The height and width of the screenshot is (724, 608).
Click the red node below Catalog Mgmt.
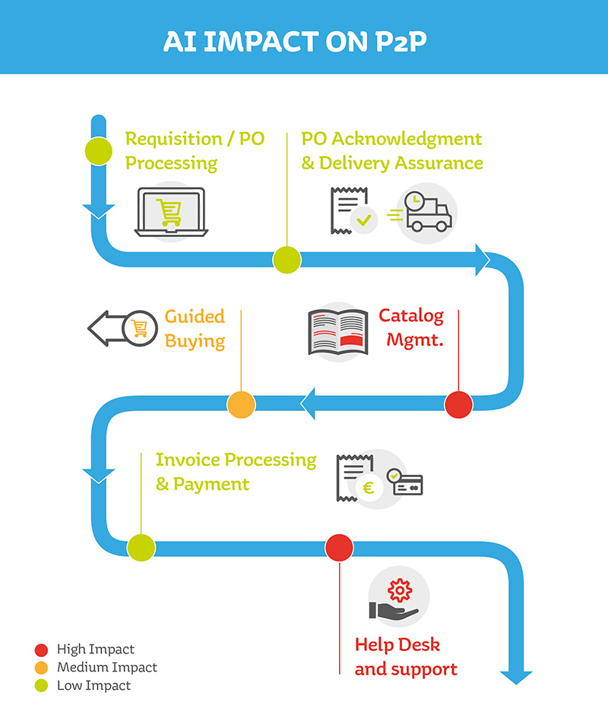coord(458,404)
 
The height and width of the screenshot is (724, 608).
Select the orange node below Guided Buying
coord(241,404)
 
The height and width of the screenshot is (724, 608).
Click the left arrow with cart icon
coord(119,328)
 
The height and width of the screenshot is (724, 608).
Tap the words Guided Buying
coord(195,328)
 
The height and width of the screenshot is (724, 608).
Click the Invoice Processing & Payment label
coord(236,471)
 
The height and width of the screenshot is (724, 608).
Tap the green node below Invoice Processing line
coord(141,547)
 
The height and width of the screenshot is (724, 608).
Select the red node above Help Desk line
coord(339,547)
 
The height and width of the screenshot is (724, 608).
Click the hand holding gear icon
coord(396,599)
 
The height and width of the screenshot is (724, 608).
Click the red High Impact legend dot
coord(42,650)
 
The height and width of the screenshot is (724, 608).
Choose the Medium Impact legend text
coord(107,668)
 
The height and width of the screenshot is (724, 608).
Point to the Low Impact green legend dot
coord(42,686)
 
